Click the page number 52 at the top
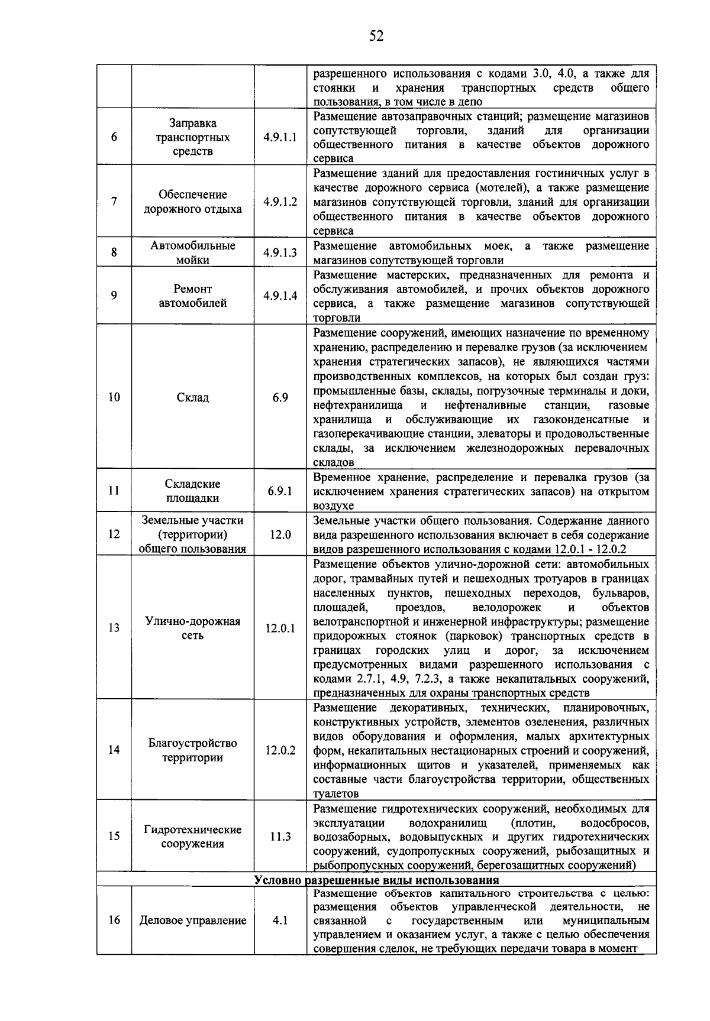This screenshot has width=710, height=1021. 376,37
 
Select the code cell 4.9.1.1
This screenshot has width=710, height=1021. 280,137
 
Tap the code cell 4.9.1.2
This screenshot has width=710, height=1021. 280,202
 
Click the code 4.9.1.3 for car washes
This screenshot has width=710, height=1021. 280,252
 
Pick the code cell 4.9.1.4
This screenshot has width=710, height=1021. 280,296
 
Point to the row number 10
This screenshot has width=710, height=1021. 114,397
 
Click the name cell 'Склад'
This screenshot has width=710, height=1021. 193,397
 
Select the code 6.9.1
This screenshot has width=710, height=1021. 280,491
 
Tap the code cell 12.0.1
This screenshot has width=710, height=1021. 280,628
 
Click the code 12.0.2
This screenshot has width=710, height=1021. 280,750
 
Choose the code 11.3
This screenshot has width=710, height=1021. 280,837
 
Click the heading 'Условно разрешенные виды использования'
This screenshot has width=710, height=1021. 376,880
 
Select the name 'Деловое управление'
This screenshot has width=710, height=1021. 193,920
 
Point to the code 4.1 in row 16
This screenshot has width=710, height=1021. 280,920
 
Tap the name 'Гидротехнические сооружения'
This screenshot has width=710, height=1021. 193,837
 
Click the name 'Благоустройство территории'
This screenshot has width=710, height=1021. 193,750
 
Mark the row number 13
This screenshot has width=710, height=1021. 114,628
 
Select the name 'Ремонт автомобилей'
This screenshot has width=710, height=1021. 193,296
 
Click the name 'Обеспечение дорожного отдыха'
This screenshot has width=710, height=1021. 193,202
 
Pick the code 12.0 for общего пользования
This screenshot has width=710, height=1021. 280,534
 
